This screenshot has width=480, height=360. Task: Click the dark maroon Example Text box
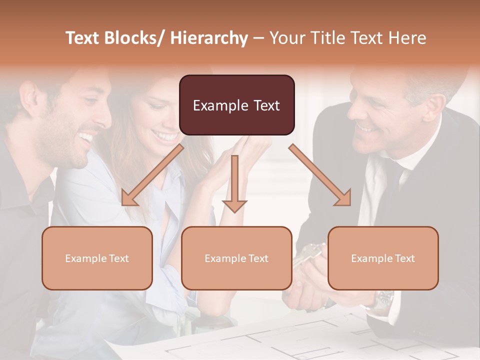click(x=236, y=105)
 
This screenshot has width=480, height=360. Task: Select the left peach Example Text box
click(x=97, y=258)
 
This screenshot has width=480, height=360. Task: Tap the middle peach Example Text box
click(x=236, y=258)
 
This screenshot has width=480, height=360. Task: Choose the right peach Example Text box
click(x=383, y=258)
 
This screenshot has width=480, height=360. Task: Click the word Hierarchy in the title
click(x=209, y=38)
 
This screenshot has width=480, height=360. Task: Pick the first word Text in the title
click(x=83, y=38)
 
